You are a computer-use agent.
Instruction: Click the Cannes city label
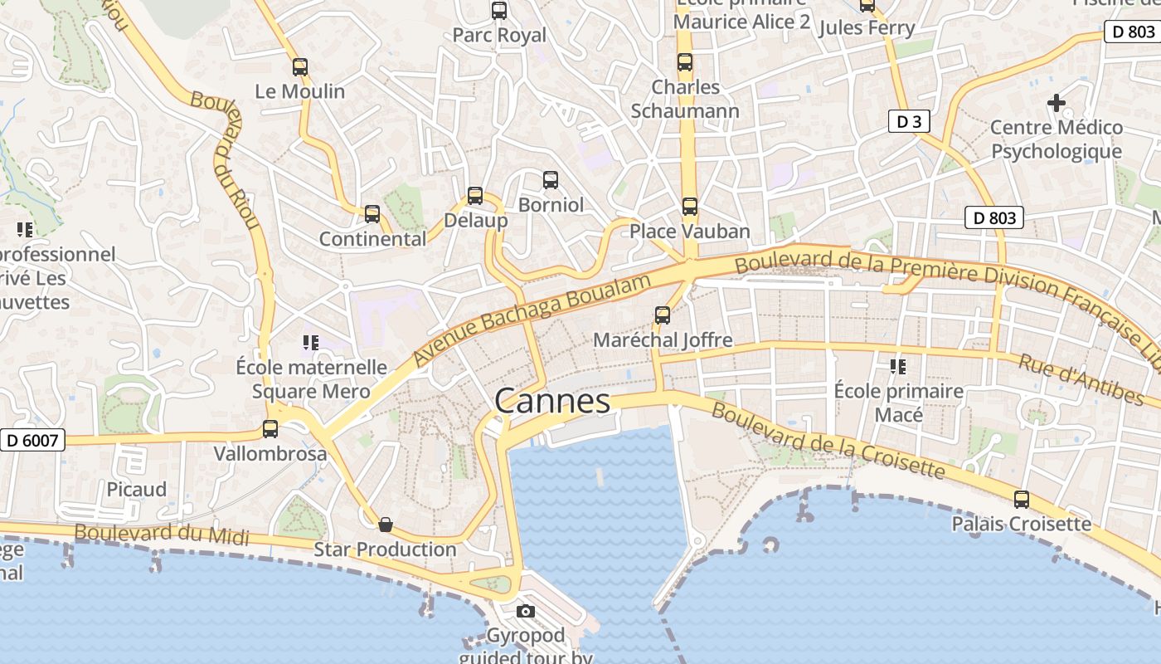point(552,402)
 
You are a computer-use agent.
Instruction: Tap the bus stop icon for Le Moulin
point(300,67)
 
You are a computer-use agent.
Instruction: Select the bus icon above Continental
point(372,214)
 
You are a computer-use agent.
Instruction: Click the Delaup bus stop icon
point(475,196)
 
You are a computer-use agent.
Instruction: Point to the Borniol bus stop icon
point(550,179)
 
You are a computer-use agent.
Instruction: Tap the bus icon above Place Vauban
point(689,206)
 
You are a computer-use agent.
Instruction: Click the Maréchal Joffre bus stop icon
point(662,315)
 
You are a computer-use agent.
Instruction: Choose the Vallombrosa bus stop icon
point(270,429)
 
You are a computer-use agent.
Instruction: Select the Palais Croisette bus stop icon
point(1022,500)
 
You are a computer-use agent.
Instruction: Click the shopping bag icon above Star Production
point(386,525)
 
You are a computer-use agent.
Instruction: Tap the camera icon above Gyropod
point(525,612)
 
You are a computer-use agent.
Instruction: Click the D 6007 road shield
point(32,440)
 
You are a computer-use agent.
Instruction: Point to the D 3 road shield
point(909,121)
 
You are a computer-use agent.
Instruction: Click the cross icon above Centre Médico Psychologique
point(1056,103)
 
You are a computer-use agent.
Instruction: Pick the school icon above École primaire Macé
point(897,365)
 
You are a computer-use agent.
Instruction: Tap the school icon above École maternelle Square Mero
point(311,342)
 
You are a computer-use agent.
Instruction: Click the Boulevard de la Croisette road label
point(828,441)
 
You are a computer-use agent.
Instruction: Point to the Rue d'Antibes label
point(1080,378)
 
